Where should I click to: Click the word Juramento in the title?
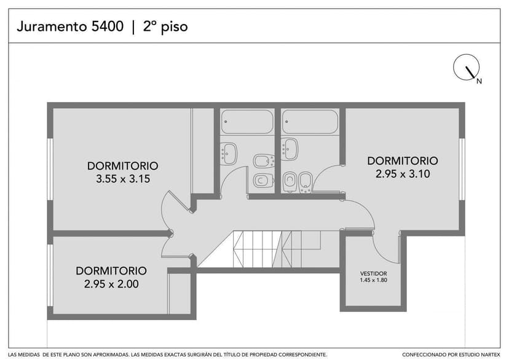tap(50, 26)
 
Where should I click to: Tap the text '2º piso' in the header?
tap(165, 26)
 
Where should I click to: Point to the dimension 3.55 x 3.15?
tap(123, 179)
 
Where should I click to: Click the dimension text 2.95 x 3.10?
tap(403, 174)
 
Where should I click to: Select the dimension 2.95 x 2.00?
tap(111, 284)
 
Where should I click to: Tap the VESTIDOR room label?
tap(373, 273)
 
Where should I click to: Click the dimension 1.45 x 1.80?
tap(373, 281)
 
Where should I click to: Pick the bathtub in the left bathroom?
tap(247, 122)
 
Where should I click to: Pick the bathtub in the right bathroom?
tap(310, 122)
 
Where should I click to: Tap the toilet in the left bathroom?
tap(264, 181)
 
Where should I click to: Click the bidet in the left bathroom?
tap(264, 162)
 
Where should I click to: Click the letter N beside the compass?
tap(479, 81)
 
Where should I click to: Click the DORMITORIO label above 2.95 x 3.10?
tap(403, 161)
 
